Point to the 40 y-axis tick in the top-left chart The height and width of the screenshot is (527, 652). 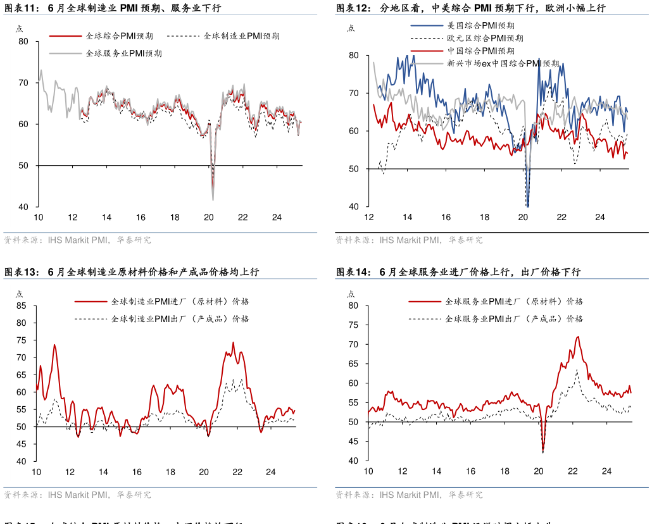tap(24, 207)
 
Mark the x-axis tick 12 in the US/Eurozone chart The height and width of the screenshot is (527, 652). tap(368, 218)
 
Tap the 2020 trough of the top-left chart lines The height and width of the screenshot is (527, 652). tap(213, 199)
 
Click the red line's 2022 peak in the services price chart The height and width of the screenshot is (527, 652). tap(577, 337)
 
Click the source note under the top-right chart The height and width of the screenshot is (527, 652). tap(409, 240)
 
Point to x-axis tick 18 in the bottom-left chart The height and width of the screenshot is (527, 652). tap(170, 472)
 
